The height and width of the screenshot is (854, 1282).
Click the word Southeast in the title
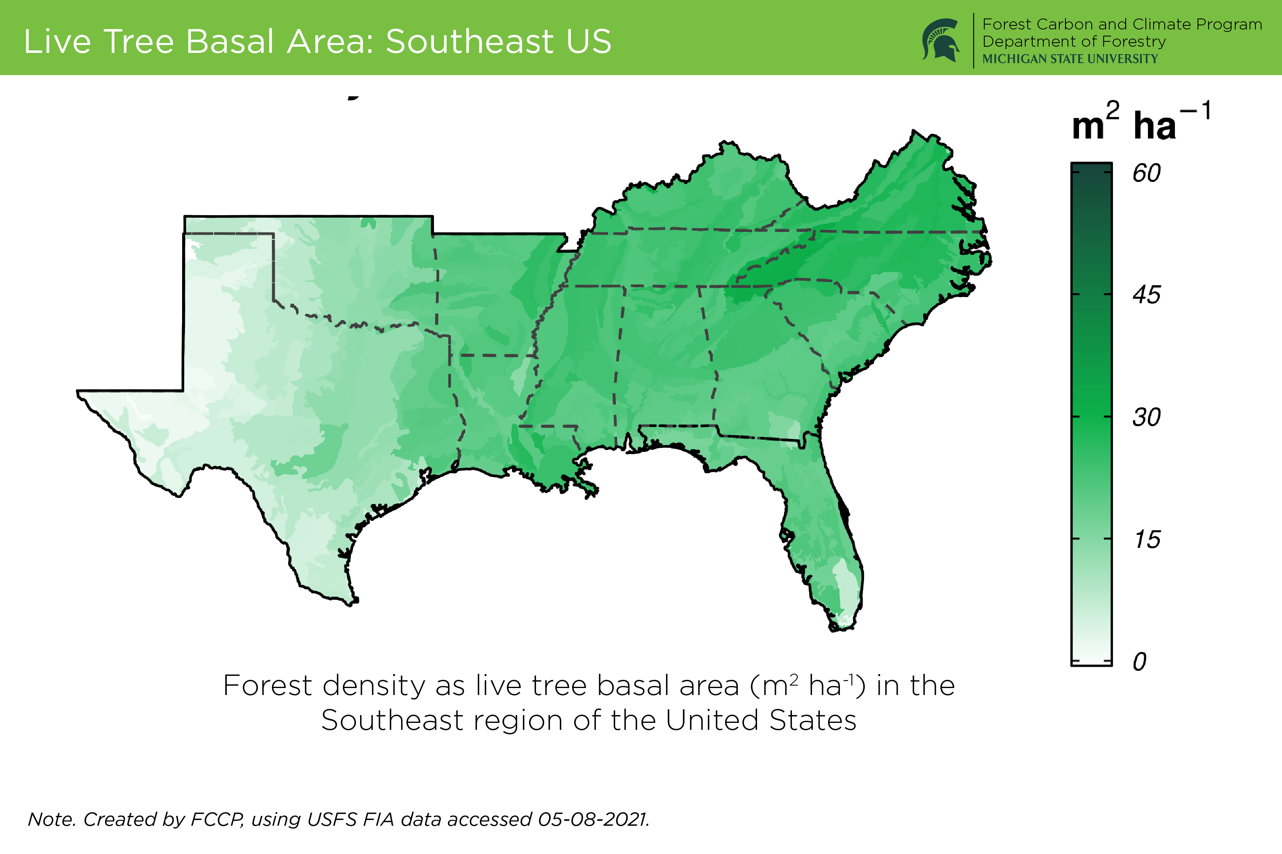tap(470, 41)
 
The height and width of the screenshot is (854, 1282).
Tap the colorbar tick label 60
tap(1146, 173)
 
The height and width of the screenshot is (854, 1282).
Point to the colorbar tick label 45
tap(1146, 295)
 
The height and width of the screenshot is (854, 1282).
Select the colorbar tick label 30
tap(1146, 418)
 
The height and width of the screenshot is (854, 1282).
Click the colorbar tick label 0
tap(1140, 662)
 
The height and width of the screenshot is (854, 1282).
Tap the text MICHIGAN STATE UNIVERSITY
tap(1070, 59)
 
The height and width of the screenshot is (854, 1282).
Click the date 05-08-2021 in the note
tap(593, 819)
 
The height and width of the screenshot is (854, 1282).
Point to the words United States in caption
tap(761, 720)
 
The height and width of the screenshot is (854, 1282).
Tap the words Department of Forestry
tap(1074, 42)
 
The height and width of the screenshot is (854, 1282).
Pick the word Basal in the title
tap(230, 41)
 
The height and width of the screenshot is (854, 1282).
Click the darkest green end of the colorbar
tap(1091, 169)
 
